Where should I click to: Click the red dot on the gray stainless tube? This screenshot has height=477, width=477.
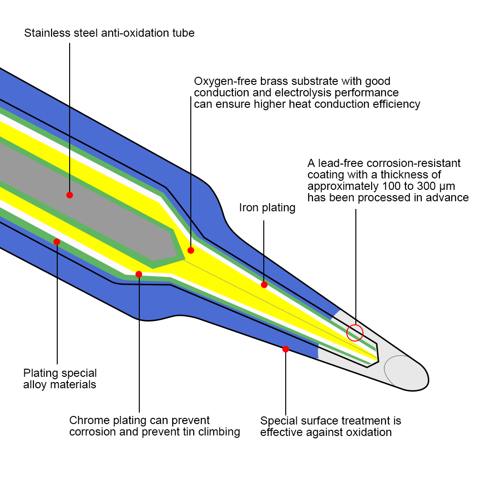click(x=70, y=195)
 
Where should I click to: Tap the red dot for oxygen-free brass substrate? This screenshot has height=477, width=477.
click(x=191, y=250)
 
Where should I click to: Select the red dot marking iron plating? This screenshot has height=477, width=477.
click(x=264, y=285)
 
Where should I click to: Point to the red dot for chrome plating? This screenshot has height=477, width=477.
click(x=139, y=274)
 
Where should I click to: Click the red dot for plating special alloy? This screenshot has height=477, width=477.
click(x=57, y=242)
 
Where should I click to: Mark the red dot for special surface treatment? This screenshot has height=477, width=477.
click(x=286, y=349)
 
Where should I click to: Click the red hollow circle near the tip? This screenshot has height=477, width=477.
click(x=355, y=332)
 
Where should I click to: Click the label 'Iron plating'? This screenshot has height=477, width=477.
click(x=267, y=208)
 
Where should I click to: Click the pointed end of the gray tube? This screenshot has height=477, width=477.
click(x=184, y=260)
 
